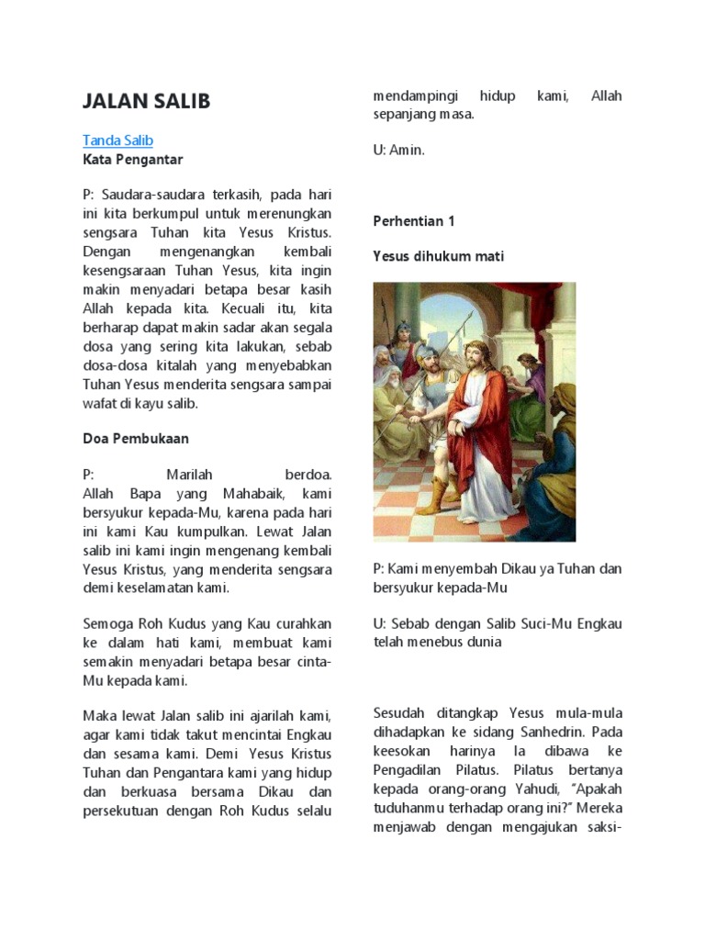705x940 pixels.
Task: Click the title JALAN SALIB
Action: click(146, 101)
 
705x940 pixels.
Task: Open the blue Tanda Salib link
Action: click(117, 140)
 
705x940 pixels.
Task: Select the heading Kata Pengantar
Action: click(132, 160)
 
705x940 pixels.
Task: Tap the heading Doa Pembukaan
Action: click(136, 439)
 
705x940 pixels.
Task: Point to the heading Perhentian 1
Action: click(413, 221)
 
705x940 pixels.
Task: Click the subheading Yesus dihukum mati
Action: click(438, 257)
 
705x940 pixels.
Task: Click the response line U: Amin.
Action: click(398, 150)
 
